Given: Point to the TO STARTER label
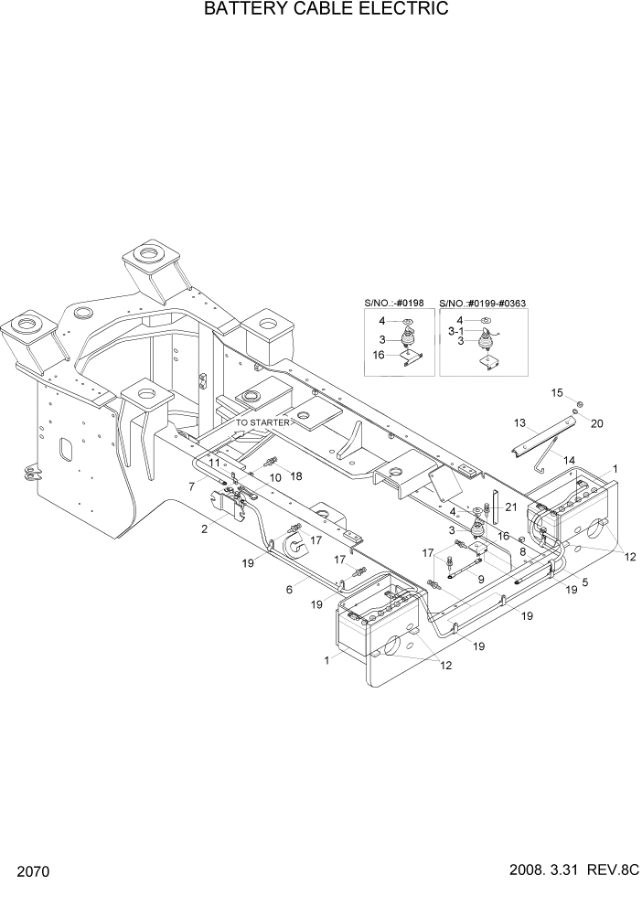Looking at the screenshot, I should click(262, 423).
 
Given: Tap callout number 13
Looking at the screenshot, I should click(519, 423).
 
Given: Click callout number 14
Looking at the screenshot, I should click(569, 460).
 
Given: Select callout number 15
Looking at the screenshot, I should click(556, 392).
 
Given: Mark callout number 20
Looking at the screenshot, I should click(597, 423).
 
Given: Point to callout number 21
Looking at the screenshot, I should click(511, 507).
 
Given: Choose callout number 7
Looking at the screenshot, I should click(192, 486).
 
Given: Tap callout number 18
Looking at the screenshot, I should click(295, 476).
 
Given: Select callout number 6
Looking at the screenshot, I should click(289, 591).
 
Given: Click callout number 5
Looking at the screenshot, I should click(583, 582).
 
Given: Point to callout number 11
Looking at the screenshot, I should click(213, 464).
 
